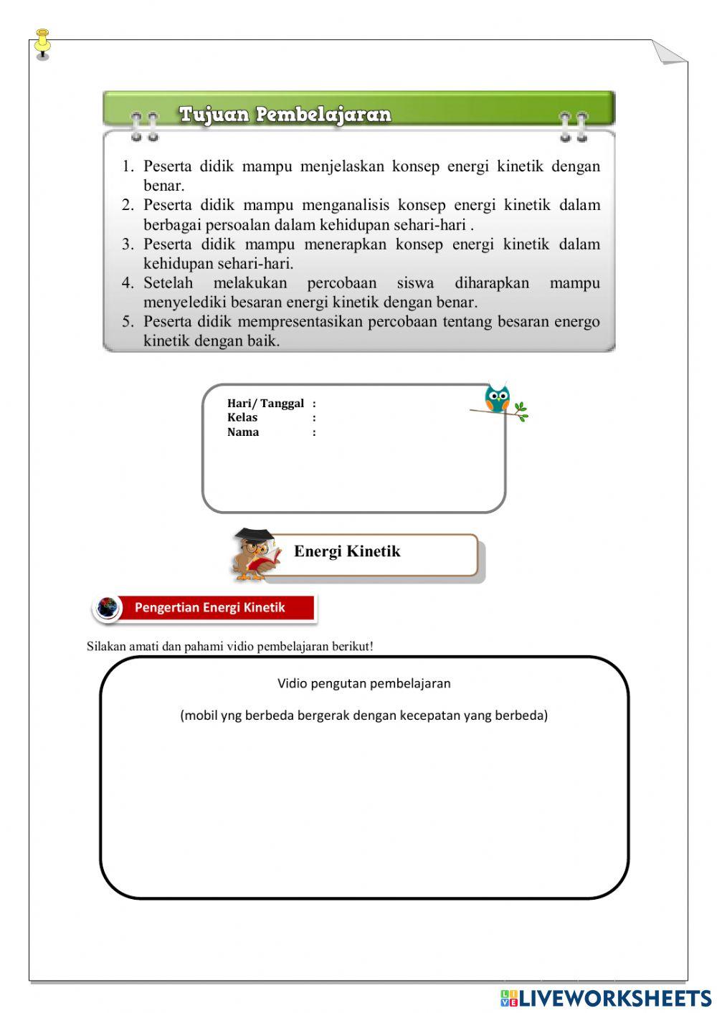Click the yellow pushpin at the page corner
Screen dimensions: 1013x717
(42, 44)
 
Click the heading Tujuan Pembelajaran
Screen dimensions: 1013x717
(285, 114)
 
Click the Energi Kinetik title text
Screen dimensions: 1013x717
(347, 551)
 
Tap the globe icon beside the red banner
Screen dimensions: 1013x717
(108, 608)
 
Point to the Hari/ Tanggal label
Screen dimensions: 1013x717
(265, 404)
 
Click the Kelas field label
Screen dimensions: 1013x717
(242, 417)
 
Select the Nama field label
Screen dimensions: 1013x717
(243, 432)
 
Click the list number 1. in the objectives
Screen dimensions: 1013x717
(128, 166)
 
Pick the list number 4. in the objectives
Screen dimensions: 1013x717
(128, 283)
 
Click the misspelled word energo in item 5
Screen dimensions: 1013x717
(576, 322)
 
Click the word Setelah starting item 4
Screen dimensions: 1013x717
(168, 283)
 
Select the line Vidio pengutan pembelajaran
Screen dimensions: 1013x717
(364, 683)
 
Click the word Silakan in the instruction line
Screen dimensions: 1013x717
(106, 646)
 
